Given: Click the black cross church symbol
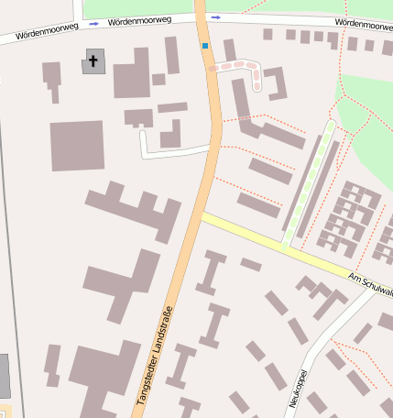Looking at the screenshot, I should (93, 60).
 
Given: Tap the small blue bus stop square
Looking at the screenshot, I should (205, 45).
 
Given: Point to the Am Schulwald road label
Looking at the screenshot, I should (370, 283).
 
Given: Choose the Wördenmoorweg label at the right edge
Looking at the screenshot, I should (363, 21).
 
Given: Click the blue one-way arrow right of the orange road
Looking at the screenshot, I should (215, 16).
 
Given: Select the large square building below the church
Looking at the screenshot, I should (77, 146).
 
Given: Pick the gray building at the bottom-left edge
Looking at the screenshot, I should (4, 376).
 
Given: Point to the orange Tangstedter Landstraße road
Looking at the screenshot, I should (198, 220).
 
